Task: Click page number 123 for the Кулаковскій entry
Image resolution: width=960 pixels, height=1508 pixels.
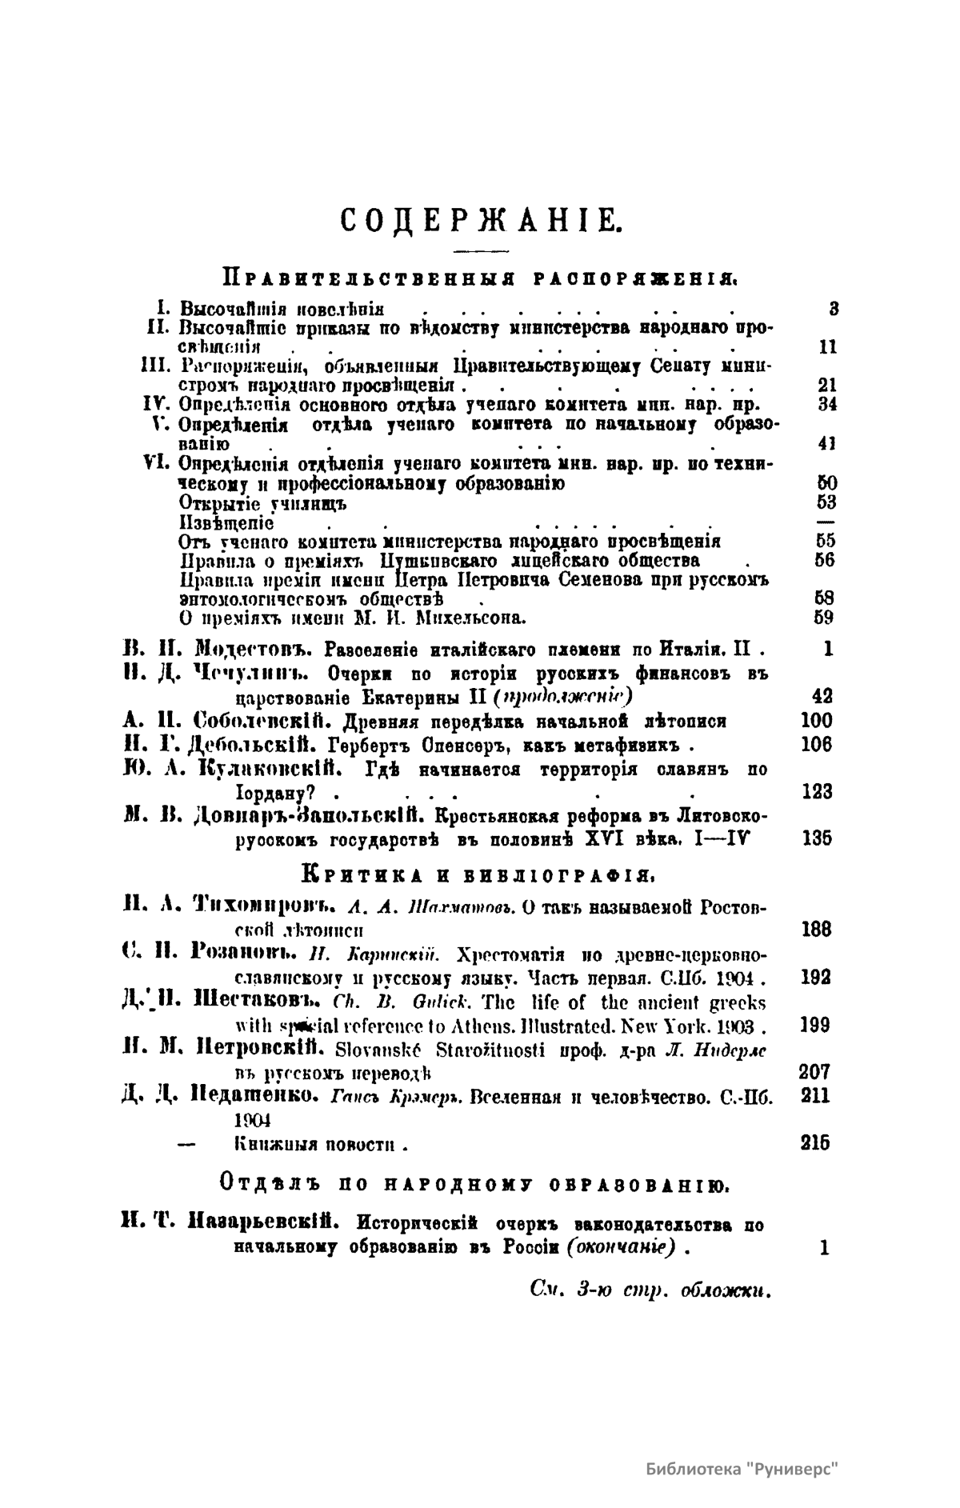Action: click(816, 792)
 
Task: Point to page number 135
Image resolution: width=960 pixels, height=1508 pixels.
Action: click(816, 838)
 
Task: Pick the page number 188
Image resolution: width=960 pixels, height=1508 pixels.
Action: click(816, 930)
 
